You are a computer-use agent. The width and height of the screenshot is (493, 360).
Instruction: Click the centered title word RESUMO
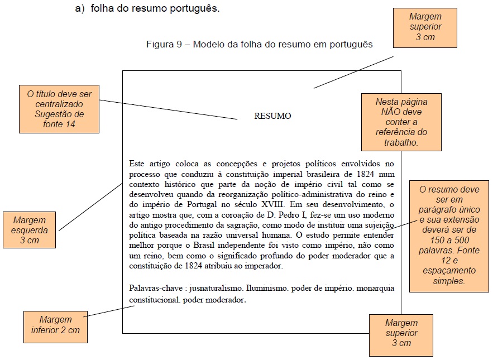pos(272,116)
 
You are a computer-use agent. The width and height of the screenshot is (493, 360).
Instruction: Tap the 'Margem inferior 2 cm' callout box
pos(55,325)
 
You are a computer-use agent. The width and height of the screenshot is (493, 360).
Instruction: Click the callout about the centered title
pos(59,108)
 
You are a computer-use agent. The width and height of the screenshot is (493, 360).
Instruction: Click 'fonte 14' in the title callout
pos(59,124)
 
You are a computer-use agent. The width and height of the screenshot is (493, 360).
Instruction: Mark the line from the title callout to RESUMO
pos(167,110)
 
